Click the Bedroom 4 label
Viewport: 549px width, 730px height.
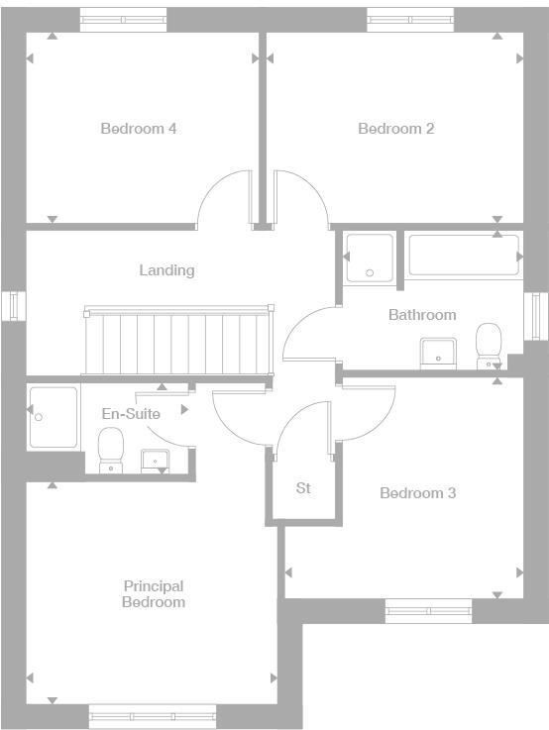pyautogui.click(x=139, y=129)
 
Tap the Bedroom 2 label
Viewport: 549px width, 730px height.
pyautogui.click(x=395, y=129)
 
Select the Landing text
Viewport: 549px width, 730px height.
pyautogui.click(x=166, y=270)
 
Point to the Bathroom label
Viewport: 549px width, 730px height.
pyautogui.click(x=422, y=315)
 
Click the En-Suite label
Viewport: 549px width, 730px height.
pyautogui.click(x=131, y=414)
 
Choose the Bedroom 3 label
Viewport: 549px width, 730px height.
pyautogui.click(x=417, y=493)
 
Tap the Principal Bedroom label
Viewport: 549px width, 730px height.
pyautogui.click(x=154, y=594)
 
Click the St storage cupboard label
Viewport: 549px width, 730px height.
pyautogui.click(x=304, y=488)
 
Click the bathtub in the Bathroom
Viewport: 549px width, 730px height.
pyautogui.click(x=464, y=256)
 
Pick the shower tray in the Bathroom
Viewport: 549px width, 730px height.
pyautogui.click(x=370, y=257)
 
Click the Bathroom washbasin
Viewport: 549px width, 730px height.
pyautogui.click(x=437, y=352)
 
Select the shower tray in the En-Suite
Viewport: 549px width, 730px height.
pyautogui.click(x=53, y=416)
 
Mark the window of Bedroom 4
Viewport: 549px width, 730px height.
pyautogui.click(x=123, y=21)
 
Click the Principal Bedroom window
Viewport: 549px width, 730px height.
pyautogui.click(x=152, y=715)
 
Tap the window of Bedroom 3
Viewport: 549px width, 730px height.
pyautogui.click(x=428, y=611)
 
